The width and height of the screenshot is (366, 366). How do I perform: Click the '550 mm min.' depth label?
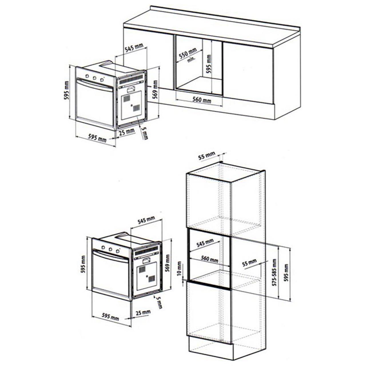pos(189,55)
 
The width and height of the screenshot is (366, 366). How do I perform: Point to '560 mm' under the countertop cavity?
pos(202,100)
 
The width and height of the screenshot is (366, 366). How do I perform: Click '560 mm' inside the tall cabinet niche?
pos(209,259)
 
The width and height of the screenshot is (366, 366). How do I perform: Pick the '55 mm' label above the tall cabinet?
pos(206,156)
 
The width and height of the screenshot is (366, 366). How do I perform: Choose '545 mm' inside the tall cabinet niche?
pos(205,243)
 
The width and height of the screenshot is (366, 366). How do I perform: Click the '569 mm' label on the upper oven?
pos(155,89)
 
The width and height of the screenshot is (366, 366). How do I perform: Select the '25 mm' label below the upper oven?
pos(127,132)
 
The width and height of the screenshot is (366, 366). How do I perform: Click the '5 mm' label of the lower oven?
pos(159,303)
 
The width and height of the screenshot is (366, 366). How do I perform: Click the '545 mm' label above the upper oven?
pos(134,49)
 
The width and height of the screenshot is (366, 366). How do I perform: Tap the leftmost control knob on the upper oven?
pos(87,76)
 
